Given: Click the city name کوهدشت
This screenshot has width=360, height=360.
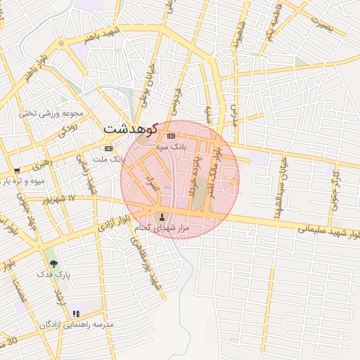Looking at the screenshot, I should (129, 129).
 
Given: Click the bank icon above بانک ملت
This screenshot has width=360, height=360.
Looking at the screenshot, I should (108, 149).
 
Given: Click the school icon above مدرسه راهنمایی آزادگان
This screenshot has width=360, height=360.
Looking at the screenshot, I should (76, 313).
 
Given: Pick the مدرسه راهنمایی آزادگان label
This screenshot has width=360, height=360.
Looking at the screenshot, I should (79, 324).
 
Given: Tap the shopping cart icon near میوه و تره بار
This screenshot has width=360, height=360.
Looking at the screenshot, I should (17, 170).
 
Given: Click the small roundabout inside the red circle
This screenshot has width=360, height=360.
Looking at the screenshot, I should (233, 184).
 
